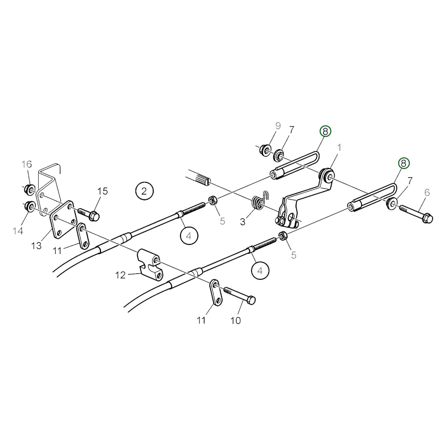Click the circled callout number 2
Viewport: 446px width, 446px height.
(x=144, y=191)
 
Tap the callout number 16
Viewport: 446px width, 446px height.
(x=26, y=164)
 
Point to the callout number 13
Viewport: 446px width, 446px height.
(x=36, y=246)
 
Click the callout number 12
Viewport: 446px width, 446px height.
(x=120, y=275)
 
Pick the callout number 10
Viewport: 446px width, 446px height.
(x=236, y=321)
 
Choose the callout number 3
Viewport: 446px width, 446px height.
(x=243, y=222)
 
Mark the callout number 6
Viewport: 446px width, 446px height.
(x=427, y=193)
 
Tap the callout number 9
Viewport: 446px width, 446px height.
(x=278, y=126)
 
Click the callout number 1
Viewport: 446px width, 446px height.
(x=339, y=148)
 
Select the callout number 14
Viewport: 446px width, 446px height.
(x=18, y=231)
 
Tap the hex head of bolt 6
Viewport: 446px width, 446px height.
(x=427, y=219)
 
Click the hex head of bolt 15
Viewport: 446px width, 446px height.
(x=94, y=216)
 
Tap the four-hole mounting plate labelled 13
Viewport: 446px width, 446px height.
(x=63, y=219)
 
